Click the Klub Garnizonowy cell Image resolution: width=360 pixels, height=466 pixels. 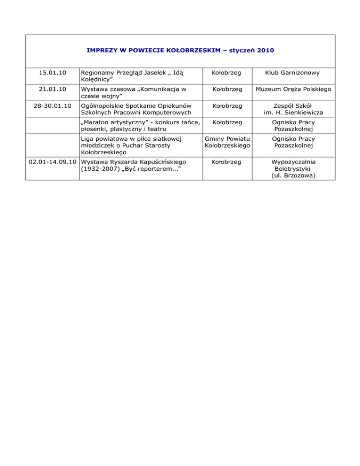[x=292, y=73]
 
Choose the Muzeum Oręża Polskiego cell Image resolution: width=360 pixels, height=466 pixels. [x=292, y=89]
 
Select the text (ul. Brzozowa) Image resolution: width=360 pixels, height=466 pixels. [x=292, y=175]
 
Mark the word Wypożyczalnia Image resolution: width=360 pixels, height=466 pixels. [x=292, y=162]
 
